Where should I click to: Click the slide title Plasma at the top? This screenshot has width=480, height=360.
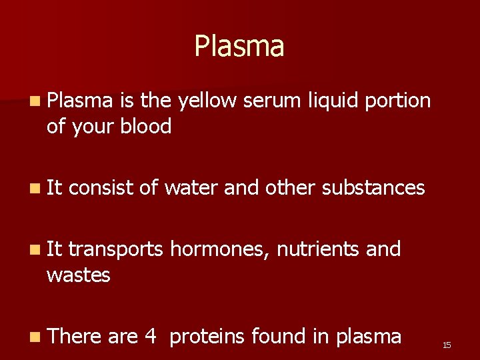(x=239, y=47)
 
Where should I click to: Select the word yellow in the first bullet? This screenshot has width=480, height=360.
(x=205, y=101)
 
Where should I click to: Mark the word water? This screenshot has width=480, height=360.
(x=191, y=188)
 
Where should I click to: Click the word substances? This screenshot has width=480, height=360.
(x=373, y=188)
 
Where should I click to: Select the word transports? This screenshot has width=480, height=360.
(x=115, y=250)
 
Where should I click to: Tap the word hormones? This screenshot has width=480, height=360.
(x=219, y=250)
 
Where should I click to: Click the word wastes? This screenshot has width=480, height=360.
(x=78, y=274)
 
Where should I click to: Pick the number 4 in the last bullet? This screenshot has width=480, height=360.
(x=150, y=337)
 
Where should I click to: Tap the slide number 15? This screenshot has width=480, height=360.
(x=447, y=345)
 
